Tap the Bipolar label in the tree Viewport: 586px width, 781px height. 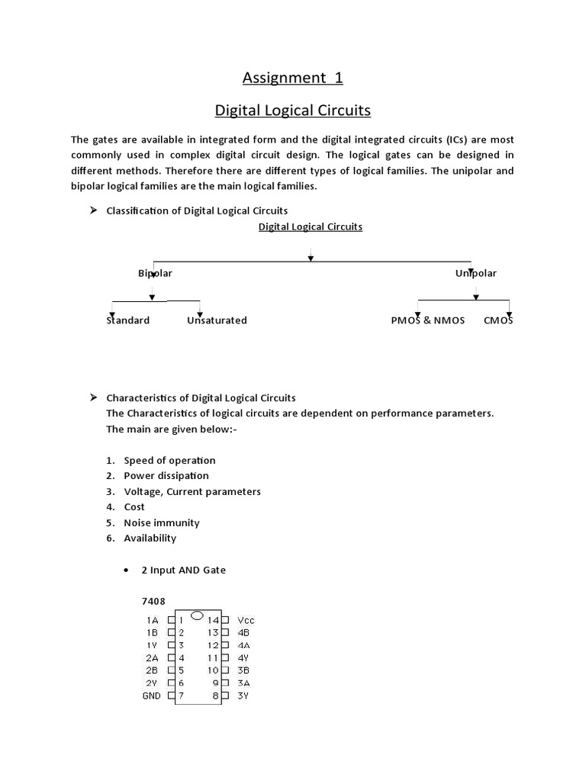[x=155, y=273]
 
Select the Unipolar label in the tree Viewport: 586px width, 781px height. [x=475, y=273]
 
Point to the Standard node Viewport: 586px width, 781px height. [x=127, y=320]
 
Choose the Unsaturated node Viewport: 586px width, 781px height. [x=217, y=320]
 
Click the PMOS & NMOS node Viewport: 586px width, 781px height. [x=427, y=320]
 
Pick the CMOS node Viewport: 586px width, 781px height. [x=498, y=320]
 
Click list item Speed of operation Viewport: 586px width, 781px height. [x=169, y=461]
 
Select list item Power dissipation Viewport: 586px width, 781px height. [x=166, y=476]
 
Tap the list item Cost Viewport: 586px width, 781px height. [x=134, y=507]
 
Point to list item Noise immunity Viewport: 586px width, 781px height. [x=162, y=523]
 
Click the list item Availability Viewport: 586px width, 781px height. [x=150, y=538]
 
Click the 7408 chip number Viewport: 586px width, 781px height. [x=153, y=601]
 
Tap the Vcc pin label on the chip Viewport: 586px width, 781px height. [x=246, y=621]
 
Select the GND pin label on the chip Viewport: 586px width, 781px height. [x=151, y=696]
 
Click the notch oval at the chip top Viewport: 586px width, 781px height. [x=197, y=615]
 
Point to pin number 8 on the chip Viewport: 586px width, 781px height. [x=216, y=696]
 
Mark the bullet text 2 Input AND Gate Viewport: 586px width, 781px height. [x=188, y=570]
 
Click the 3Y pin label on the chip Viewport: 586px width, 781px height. [x=243, y=696]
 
